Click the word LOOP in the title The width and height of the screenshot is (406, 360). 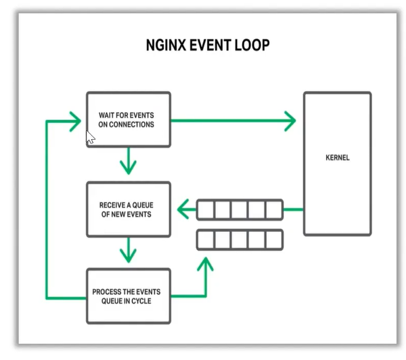coord(252,46)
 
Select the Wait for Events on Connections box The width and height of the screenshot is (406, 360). coord(128,119)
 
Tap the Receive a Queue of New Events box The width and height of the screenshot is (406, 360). coord(128,209)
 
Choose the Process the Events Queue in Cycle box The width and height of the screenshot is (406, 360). coord(128,296)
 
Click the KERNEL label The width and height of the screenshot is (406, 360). coord(337,158)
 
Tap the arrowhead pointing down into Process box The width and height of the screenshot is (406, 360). coord(128,253)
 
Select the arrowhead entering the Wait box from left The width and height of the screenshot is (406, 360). coord(76,121)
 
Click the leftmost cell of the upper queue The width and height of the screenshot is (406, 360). coord(206,210)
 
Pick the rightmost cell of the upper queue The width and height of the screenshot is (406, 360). coord(274,210)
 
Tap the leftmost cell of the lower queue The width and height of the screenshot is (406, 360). coord(206,239)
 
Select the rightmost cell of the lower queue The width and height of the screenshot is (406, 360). coord(274,239)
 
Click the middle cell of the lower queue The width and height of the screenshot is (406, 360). coord(240,239)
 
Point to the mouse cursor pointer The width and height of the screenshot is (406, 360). coord(90,137)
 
